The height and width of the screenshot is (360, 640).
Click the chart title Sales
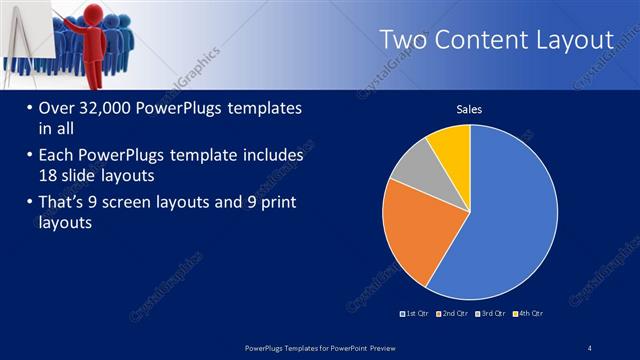coord(470,108)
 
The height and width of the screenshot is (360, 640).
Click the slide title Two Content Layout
coord(496,40)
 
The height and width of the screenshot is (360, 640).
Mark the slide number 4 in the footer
coord(590,347)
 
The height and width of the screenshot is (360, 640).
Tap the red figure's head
coord(99,17)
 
